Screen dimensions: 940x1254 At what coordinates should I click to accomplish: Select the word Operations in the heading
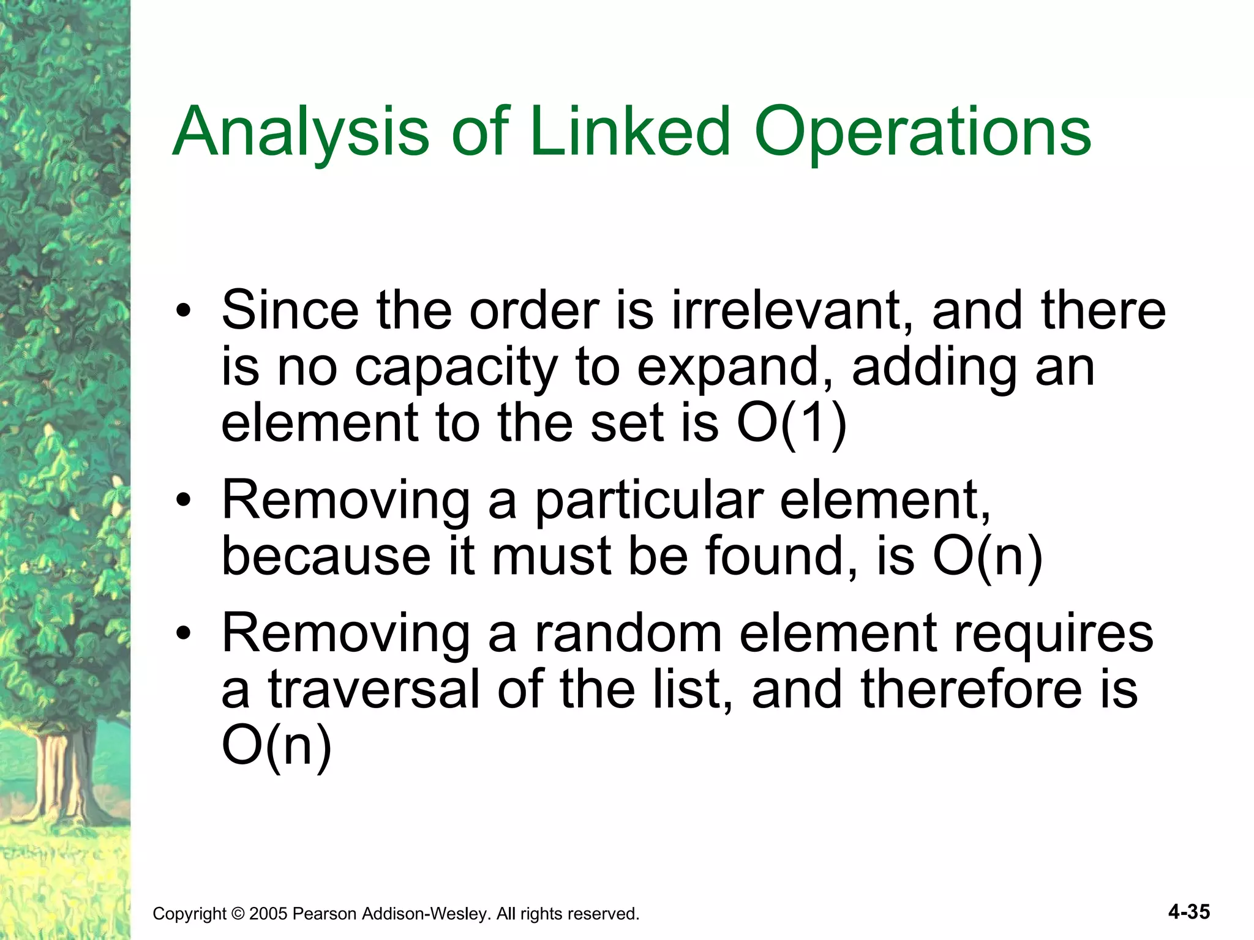tap(922, 132)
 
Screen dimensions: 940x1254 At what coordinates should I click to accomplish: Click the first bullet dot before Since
tap(182, 312)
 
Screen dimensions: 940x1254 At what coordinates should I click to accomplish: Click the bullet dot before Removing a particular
tap(182, 502)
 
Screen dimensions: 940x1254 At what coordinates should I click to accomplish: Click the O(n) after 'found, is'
tap(987, 557)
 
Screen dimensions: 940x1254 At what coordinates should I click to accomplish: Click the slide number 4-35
tap(1188, 912)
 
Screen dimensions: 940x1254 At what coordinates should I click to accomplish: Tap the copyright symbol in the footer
tap(238, 914)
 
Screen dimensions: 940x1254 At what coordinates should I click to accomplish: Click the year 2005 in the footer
tap(268, 914)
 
